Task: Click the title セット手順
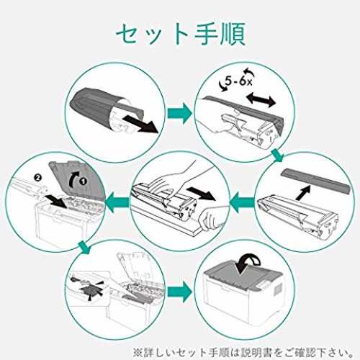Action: (181, 34)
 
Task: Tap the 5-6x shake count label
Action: (238, 81)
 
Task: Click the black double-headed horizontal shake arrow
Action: (261, 99)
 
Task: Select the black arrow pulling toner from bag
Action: (142, 124)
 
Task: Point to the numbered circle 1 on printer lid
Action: (84, 181)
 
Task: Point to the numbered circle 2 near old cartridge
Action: (37, 178)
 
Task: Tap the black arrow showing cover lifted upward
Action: (303, 191)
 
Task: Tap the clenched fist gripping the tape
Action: (210, 218)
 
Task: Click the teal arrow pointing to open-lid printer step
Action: (117, 202)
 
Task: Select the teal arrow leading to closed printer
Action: (180, 292)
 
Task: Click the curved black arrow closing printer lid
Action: (248, 265)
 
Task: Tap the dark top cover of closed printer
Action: (243, 273)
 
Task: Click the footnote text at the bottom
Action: (243, 352)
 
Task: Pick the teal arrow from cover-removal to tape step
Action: (242, 202)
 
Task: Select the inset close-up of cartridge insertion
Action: (88, 288)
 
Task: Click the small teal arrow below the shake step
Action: (278, 155)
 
